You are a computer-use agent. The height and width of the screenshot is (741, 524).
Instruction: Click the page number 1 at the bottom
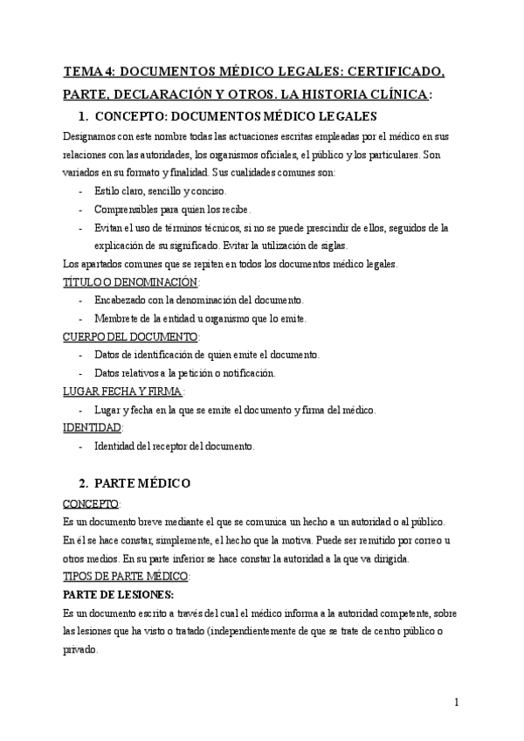coord(457,702)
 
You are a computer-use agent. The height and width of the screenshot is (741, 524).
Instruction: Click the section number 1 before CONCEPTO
coord(82,115)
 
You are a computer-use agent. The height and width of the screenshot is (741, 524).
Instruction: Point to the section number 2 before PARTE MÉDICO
coord(82,482)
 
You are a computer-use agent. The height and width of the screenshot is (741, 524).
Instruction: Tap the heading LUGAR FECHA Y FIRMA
coord(123,391)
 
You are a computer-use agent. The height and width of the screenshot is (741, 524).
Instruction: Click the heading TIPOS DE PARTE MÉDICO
coord(127,576)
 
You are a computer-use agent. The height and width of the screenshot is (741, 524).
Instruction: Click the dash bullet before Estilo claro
coord(81,191)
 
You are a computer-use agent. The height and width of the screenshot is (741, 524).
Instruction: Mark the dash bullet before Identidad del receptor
coord(81,447)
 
